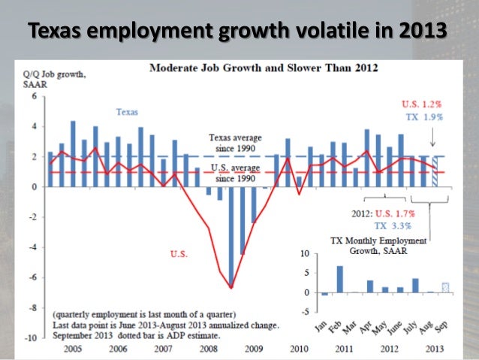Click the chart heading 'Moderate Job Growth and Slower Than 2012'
[264, 69]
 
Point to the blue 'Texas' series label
[127, 111]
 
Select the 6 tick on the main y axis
[33, 97]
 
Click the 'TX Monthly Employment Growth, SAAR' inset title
[379, 246]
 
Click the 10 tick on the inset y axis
[303, 254]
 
